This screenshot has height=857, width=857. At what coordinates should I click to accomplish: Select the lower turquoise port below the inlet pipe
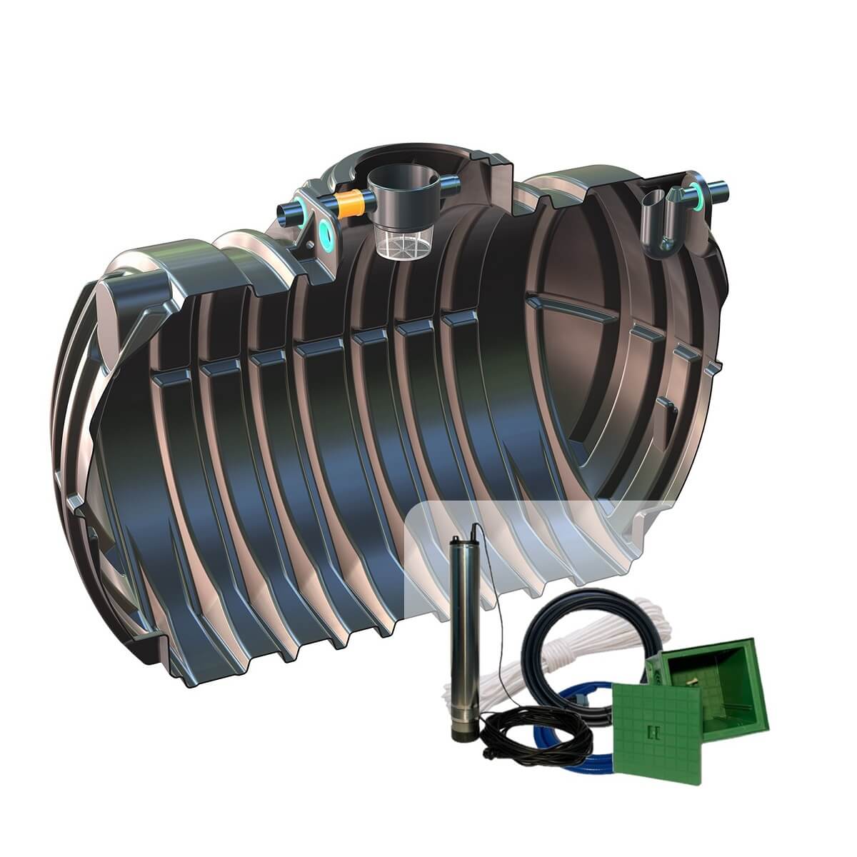tap(328, 230)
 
